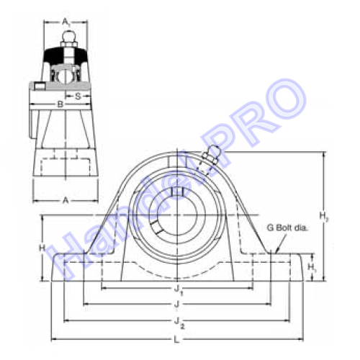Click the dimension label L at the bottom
click(176, 340)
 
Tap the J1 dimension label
click(179, 290)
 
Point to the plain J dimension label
click(176, 304)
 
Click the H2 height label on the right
click(324, 217)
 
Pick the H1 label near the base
click(312, 267)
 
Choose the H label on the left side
click(42, 248)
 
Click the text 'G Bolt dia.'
click(287, 228)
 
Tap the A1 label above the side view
click(66, 22)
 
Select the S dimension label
click(78, 96)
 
